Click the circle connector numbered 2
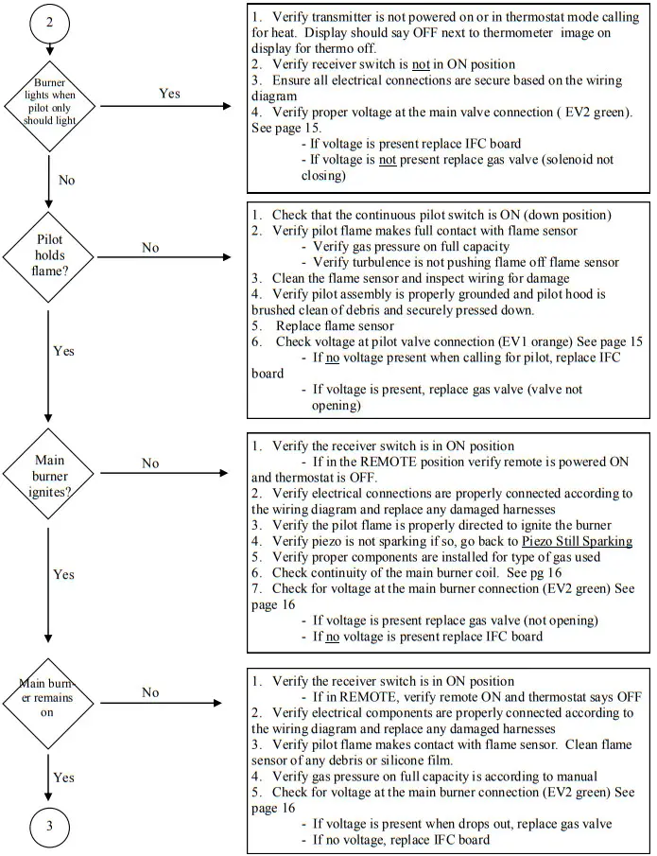pos(48,23)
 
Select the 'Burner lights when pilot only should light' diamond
pos(48,96)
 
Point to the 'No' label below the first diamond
pos(66,180)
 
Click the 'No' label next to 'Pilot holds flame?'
pos(150,247)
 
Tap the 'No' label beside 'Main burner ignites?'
pos(150,463)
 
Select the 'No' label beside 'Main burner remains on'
pos(150,692)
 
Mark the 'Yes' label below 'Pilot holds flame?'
pos(63,350)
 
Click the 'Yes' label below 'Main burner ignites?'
pos(63,574)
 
